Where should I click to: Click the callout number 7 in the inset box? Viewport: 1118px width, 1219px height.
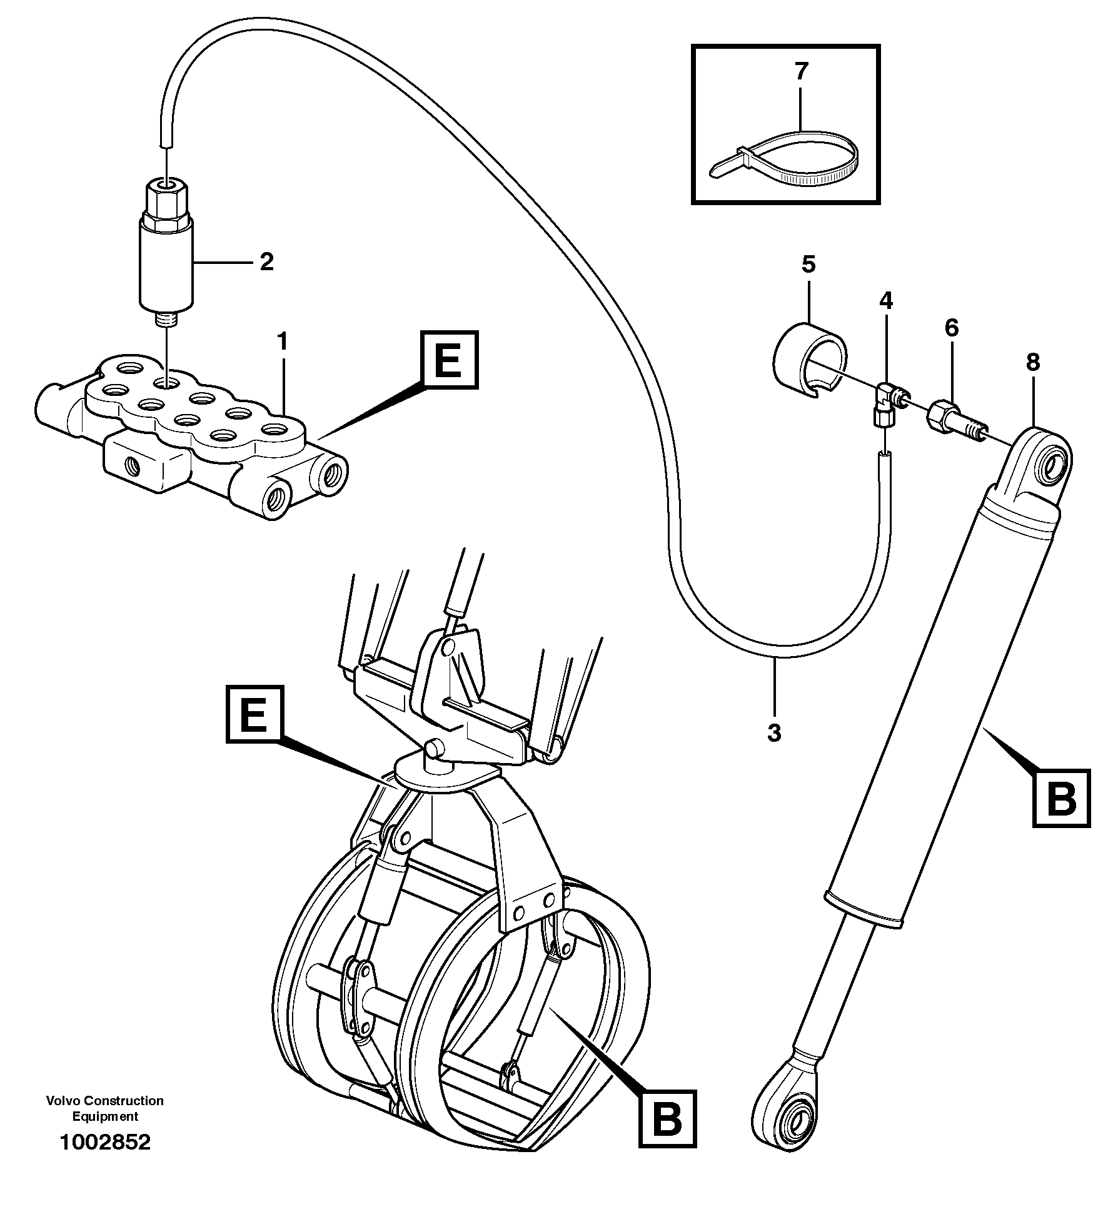[x=801, y=71]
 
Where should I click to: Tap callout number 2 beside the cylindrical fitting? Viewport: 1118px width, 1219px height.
[x=266, y=262]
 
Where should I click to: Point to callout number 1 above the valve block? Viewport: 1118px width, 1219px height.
[x=282, y=343]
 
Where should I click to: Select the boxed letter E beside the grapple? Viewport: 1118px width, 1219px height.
[x=254, y=714]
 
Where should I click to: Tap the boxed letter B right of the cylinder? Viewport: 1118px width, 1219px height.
[x=1061, y=799]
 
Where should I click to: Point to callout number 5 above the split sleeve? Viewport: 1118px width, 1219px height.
[x=808, y=265]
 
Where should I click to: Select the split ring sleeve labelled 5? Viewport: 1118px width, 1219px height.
[x=809, y=360]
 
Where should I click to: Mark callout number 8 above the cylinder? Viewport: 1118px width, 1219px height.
[x=1032, y=362]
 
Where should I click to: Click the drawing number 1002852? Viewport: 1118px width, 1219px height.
[x=105, y=1160]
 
